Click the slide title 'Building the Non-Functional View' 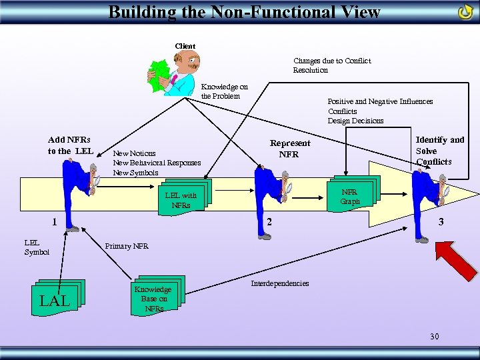[x=244, y=12]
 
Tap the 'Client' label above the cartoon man [x=185, y=46]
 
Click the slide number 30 [x=434, y=337]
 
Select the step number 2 [x=269, y=221]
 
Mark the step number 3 [x=441, y=221]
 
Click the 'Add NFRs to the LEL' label [x=69, y=145]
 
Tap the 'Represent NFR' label [x=289, y=148]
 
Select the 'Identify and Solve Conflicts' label [x=439, y=150]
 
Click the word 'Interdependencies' [x=279, y=283]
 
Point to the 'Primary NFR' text [x=127, y=246]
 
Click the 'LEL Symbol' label [x=37, y=247]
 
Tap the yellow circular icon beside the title [x=465, y=12]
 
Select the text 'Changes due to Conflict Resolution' [x=331, y=65]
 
